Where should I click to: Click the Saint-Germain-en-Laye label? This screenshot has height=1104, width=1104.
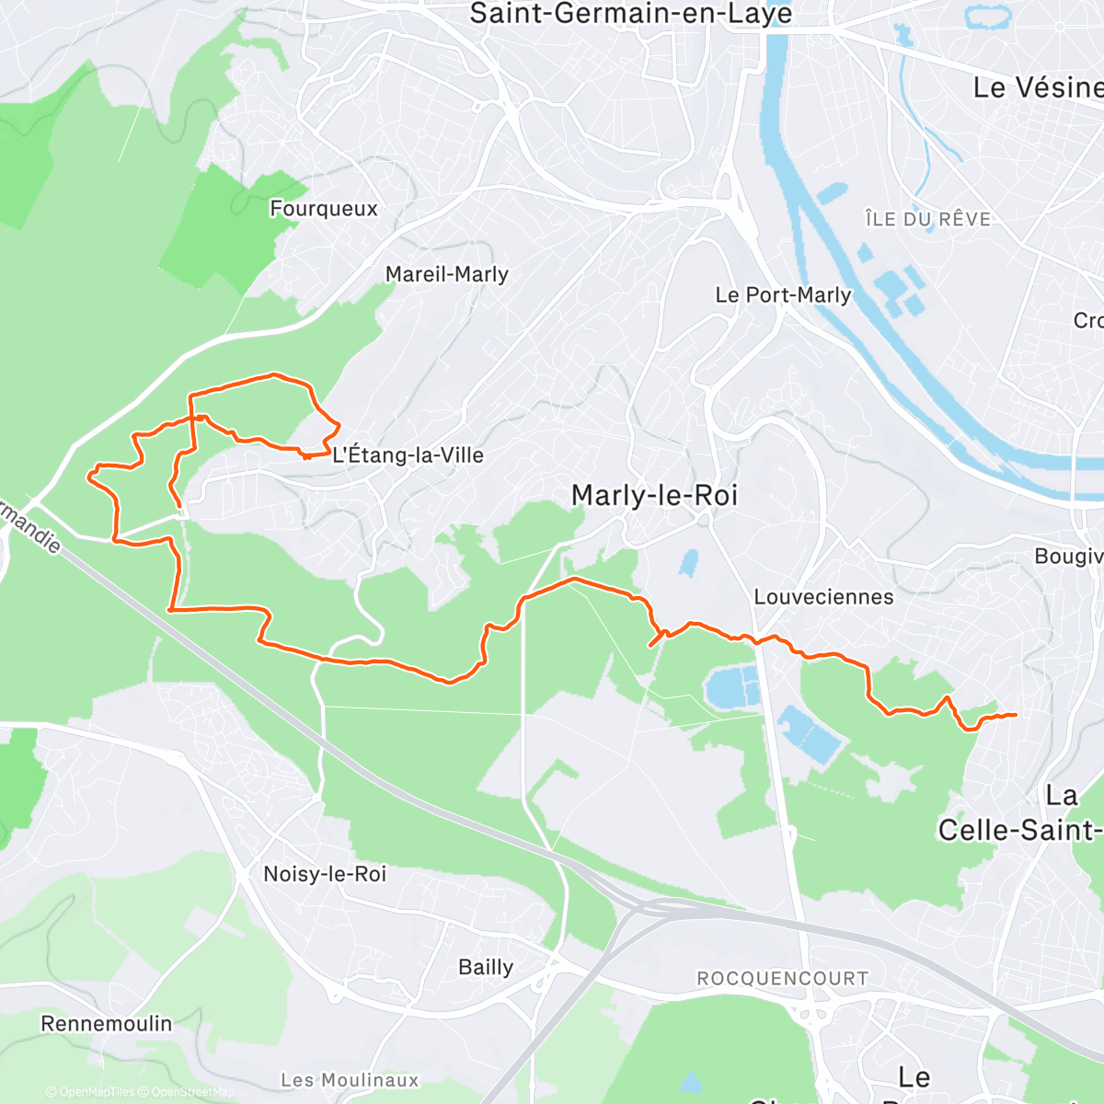pos(630,14)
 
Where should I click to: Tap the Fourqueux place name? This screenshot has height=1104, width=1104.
pos(324,209)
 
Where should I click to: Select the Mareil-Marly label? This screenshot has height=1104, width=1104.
pos(446,274)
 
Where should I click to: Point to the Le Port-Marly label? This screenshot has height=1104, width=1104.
pos(783,295)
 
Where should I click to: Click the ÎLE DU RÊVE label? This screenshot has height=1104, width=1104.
pos(927,219)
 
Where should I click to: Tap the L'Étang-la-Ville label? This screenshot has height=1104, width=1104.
pos(408,455)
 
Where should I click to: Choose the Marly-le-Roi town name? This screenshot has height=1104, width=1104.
pos(654,496)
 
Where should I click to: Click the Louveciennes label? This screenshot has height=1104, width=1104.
pos(823,597)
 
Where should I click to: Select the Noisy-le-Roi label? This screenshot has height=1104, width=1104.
pos(325,874)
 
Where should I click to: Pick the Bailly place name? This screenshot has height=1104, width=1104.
pos(486,967)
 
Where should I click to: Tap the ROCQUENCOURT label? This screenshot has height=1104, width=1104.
pos(782,979)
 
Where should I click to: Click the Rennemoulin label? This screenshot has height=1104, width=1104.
pos(107,1024)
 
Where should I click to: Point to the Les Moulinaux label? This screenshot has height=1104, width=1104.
pos(350,1080)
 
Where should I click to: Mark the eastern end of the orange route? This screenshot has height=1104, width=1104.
pos(1015,715)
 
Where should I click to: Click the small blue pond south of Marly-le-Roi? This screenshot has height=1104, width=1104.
pos(687,562)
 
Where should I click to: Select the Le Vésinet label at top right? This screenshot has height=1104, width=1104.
pos(1038,88)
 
